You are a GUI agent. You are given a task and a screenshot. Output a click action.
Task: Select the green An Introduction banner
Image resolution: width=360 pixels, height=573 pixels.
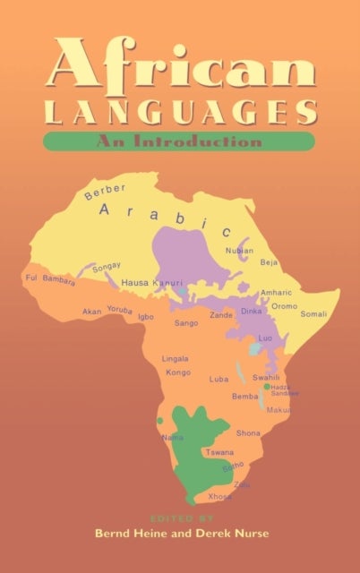[178, 141]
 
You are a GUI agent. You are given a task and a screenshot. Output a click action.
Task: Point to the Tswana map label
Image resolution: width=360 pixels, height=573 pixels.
[219, 453]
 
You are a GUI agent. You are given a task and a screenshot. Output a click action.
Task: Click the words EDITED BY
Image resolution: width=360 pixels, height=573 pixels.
[178, 517]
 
